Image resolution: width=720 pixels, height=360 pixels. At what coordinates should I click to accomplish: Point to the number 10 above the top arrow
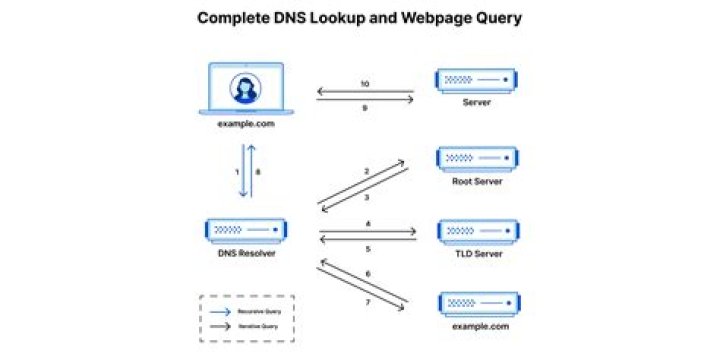pyautogui.click(x=364, y=83)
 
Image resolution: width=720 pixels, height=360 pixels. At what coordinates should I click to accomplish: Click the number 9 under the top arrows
pyautogui.click(x=364, y=106)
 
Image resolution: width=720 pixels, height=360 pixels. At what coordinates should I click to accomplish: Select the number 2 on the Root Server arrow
pyautogui.click(x=367, y=172)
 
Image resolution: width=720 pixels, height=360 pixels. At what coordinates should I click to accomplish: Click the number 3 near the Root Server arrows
pyautogui.click(x=367, y=197)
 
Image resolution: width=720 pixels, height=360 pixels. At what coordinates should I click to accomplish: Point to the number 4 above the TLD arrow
pyautogui.click(x=367, y=224)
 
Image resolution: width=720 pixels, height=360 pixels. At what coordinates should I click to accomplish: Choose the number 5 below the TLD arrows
pyautogui.click(x=367, y=248)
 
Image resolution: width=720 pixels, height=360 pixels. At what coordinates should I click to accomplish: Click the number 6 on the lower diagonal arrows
pyautogui.click(x=367, y=272)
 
